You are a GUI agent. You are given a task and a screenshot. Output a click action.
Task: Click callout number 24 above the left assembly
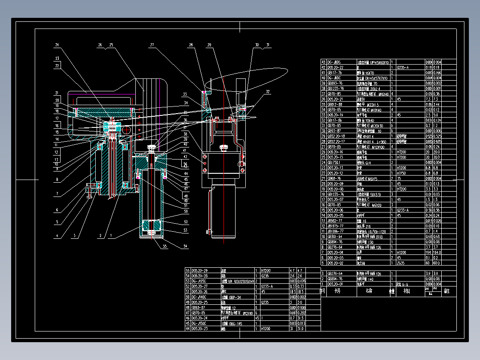click(x=57, y=45)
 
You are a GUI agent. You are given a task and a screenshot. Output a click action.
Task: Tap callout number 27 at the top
click(x=152, y=45)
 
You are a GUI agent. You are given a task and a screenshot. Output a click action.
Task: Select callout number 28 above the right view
click(x=191, y=45)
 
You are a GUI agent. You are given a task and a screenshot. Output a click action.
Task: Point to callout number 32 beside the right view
click(x=268, y=92)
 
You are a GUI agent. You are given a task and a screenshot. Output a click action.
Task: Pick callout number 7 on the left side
click(x=57, y=194)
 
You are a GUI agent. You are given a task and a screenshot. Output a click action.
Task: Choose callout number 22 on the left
click(x=57, y=66)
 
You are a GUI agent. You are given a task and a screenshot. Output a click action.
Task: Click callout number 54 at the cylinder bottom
click(x=186, y=245)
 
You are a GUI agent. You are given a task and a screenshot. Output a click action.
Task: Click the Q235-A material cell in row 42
click(x=403, y=67)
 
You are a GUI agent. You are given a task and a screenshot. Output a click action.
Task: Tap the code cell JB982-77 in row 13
click(x=335, y=221)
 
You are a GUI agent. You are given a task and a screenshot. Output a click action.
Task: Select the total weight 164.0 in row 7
click(x=437, y=252)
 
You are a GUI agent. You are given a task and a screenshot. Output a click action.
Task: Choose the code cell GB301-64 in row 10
click(x=335, y=236)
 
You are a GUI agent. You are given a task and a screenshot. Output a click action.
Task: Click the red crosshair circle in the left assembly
click(x=127, y=130)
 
